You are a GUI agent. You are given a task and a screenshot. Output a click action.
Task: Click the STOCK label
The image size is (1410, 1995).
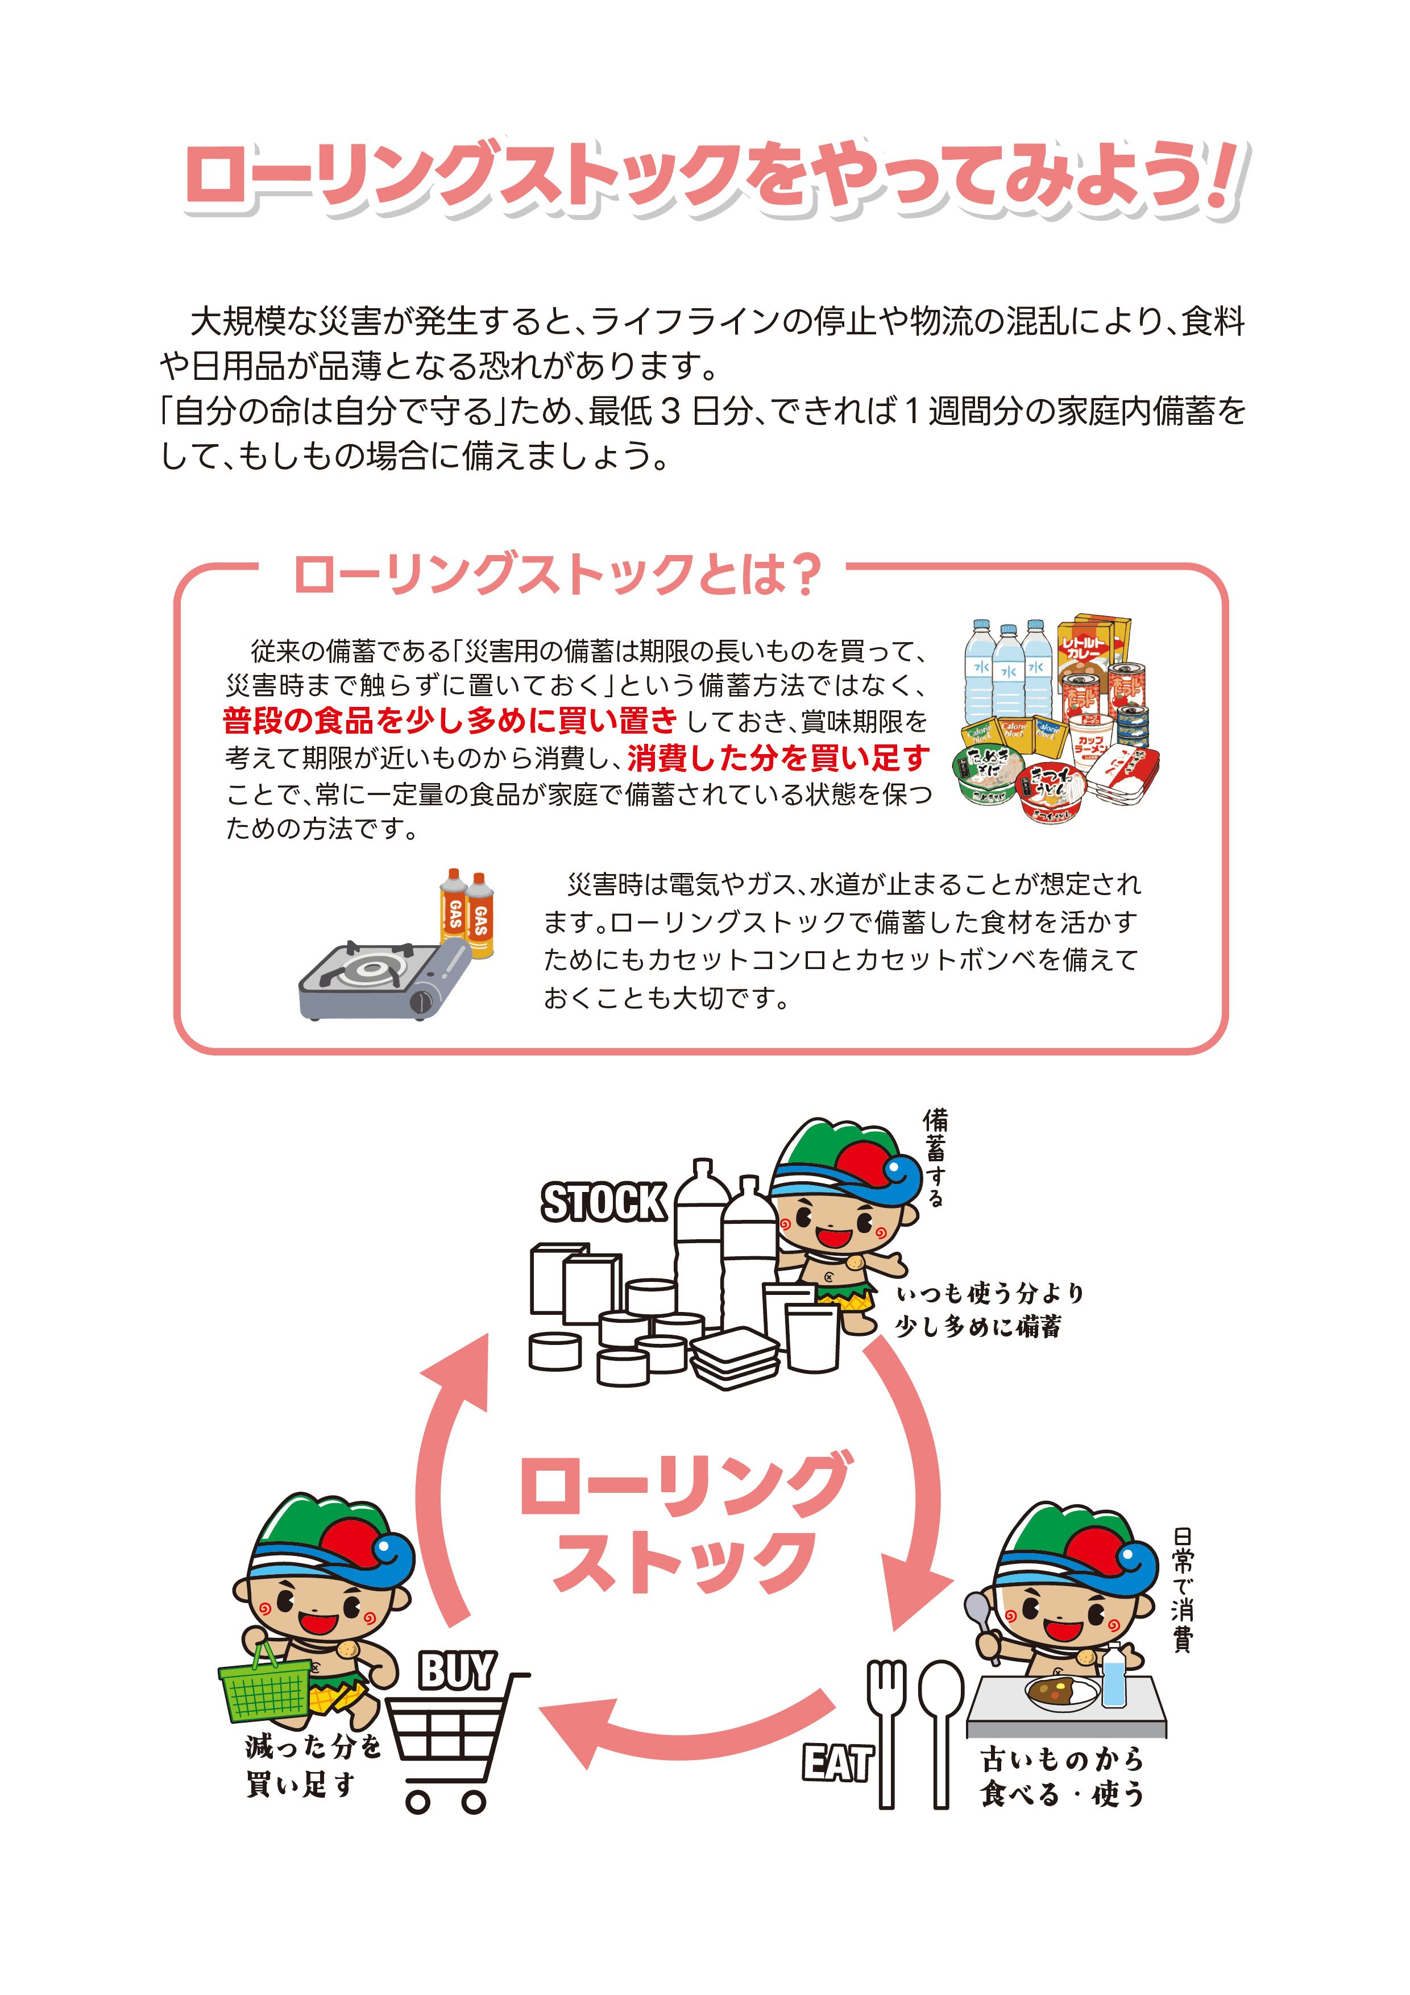pos(604,1202)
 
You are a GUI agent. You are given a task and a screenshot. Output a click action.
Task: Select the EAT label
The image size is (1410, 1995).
pos(836,1763)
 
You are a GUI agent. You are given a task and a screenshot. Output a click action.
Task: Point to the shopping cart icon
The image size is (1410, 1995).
pos(452,1746)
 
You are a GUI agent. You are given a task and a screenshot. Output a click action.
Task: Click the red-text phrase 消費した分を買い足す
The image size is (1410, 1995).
pos(778,758)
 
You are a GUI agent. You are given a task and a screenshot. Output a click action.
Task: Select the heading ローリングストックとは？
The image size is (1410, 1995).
pos(557,574)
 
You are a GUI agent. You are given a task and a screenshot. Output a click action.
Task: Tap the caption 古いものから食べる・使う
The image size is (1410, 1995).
pos(1061,1777)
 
